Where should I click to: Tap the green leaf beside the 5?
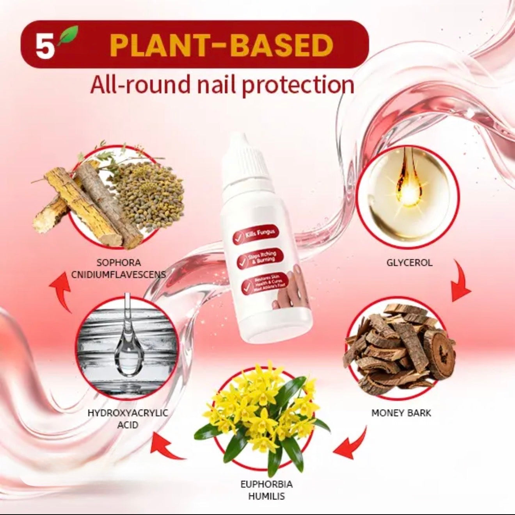pyautogui.click(x=70, y=36)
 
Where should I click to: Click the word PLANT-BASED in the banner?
pyautogui.click(x=221, y=46)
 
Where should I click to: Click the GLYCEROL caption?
pyautogui.click(x=409, y=262)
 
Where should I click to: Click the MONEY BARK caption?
pyautogui.click(x=401, y=413)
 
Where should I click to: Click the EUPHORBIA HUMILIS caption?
pyautogui.click(x=266, y=490)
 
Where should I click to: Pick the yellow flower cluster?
pyautogui.click(x=261, y=410)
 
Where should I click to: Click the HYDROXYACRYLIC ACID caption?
pyautogui.click(x=128, y=418)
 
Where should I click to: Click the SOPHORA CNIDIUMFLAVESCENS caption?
pyautogui.click(x=118, y=268)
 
